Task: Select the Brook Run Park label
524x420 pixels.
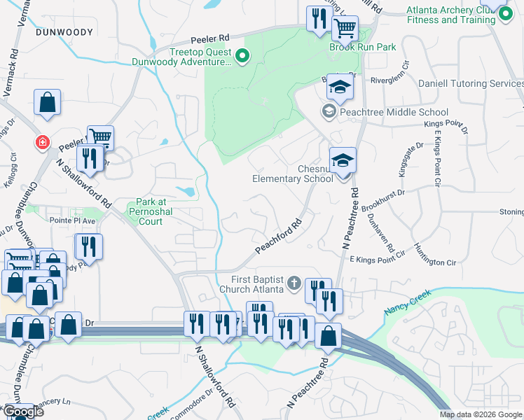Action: (x=363, y=47)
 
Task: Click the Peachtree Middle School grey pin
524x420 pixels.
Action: (x=329, y=112)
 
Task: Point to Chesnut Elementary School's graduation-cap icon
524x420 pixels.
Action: (x=343, y=160)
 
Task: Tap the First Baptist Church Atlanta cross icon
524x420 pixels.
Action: (x=295, y=283)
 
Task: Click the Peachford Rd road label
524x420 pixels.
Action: (x=277, y=238)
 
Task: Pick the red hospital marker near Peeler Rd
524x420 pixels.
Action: (x=43, y=143)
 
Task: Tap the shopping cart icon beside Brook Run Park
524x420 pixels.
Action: (x=344, y=28)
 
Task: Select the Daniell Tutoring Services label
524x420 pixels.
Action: (x=471, y=83)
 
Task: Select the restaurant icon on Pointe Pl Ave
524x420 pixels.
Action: (x=89, y=246)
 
